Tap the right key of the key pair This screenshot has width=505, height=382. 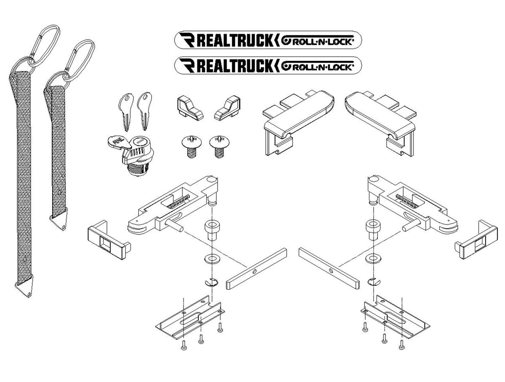pyautogui.click(x=144, y=110)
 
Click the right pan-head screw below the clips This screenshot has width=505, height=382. pyautogui.click(x=218, y=145)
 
